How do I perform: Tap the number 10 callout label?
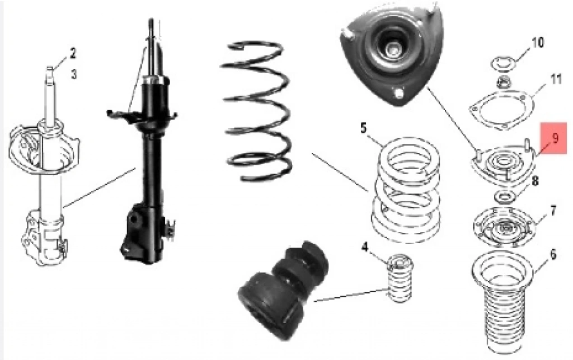[x=537, y=43]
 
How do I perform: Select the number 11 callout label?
[x=556, y=79]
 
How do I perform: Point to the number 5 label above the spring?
[x=363, y=128]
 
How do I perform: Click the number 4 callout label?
[x=365, y=248]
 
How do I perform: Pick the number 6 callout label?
[x=552, y=254]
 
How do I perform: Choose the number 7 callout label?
[x=553, y=211]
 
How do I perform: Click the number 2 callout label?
[x=73, y=53]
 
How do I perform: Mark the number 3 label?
[x=73, y=74]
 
